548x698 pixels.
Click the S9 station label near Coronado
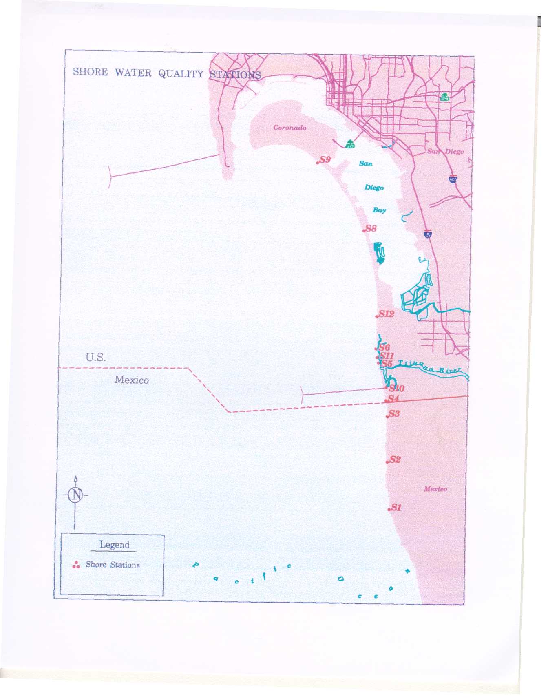coord(325,160)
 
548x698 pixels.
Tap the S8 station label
coord(371,229)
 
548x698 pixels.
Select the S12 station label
coord(386,314)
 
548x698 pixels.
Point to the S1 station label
coord(396,508)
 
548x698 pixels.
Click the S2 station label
coord(395,460)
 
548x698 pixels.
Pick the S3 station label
coord(394,414)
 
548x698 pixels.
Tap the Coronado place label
coord(289,128)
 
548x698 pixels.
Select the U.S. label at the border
coord(95,358)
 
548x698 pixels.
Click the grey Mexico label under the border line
coord(131,380)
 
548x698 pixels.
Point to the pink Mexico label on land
coord(435,489)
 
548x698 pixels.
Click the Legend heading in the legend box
coord(114,545)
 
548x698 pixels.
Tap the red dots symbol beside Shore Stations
coord(75,565)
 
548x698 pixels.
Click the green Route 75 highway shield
coord(350,144)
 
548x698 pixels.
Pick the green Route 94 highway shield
coord(444,97)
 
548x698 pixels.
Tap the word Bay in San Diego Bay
coord(379,210)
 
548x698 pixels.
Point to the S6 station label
coord(384,347)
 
